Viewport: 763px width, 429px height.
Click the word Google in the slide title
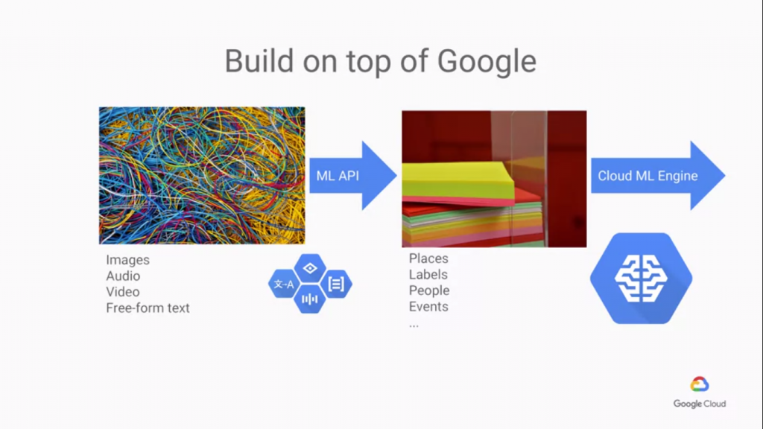[487, 62]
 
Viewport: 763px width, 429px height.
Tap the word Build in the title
[259, 61]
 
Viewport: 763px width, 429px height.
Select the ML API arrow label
[338, 176]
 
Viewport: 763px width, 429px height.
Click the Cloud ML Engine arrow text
[648, 176]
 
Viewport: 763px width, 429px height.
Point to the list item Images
[127, 260]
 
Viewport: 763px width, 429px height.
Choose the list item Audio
[123, 276]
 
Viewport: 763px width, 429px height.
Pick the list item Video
[123, 292]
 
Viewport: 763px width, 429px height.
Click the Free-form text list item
[148, 308]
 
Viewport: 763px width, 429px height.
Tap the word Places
[428, 258]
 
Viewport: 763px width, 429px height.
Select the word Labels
[428, 274]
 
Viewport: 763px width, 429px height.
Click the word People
[429, 290]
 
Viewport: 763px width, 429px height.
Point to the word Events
[428, 306]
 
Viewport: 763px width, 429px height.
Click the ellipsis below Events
[414, 325]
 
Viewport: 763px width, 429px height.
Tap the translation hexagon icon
[284, 284]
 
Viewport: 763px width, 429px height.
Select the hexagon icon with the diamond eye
[310, 268]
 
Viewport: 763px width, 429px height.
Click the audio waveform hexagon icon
[310, 299]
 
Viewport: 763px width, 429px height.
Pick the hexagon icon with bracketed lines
[336, 284]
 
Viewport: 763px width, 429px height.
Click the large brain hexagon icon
[641, 279]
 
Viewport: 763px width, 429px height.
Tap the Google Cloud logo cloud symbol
[699, 384]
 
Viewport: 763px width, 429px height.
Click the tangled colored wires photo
[202, 176]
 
